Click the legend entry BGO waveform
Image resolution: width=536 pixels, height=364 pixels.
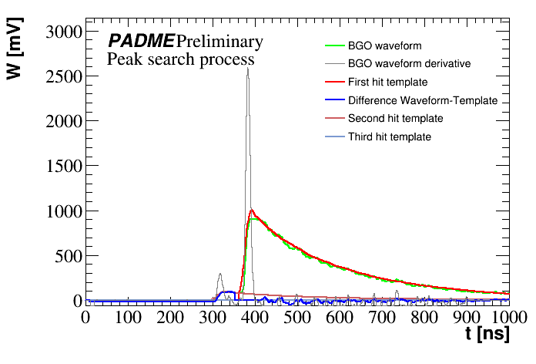tap(384, 46)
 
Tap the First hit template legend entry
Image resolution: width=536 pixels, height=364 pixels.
tap(387, 82)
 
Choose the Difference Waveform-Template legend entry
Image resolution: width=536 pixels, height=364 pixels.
tap(422, 100)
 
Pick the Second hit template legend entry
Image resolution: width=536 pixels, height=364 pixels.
tap(395, 118)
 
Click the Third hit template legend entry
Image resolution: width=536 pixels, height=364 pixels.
tap(389, 136)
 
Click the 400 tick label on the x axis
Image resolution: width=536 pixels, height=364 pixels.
tap(296, 317)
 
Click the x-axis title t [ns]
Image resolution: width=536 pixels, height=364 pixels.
tap(487, 336)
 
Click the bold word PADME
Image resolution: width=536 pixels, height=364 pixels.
tap(140, 41)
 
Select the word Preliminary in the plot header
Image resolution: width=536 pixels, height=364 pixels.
tap(219, 41)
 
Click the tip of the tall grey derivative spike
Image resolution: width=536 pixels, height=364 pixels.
tap(247, 68)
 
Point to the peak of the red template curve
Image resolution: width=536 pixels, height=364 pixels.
tap(251, 210)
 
